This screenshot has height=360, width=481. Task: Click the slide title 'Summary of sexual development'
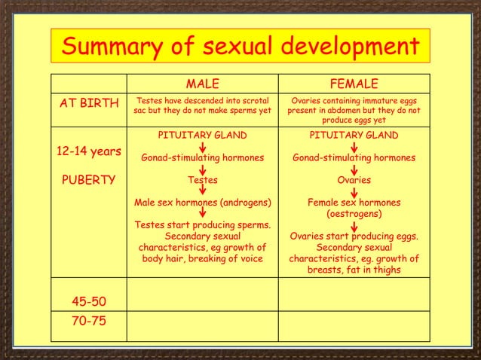pyautogui.click(x=240, y=47)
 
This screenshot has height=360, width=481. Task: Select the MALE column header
pyautogui.click(x=202, y=83)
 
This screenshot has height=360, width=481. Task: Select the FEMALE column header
pyautogui.click(x=354, y=83)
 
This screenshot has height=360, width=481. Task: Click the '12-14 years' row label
pyautogui.click(x=88, y=151)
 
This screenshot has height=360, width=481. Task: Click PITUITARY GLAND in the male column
pyautogui.click(x=202, y=136)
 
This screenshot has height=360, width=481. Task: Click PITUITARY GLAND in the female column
pyautogui.click(x=354, y=136)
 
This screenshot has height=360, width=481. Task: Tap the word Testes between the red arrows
pyautogui.click(x=202, y=181)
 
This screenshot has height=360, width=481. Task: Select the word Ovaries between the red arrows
pyautogui.click(x=354, y=181)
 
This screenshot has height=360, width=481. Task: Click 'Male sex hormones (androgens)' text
pyautogui.click(x=202, y=203)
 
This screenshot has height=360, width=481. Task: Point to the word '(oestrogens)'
pyautogui.click(x=354, y=214)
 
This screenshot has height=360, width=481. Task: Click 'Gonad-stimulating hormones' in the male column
pyautogui.click(x=202, y=158)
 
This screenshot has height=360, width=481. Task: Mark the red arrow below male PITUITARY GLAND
pyautogui.click(x=202, y=147)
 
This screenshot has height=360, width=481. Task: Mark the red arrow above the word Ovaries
pyautogui.click(x=354, y=169)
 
